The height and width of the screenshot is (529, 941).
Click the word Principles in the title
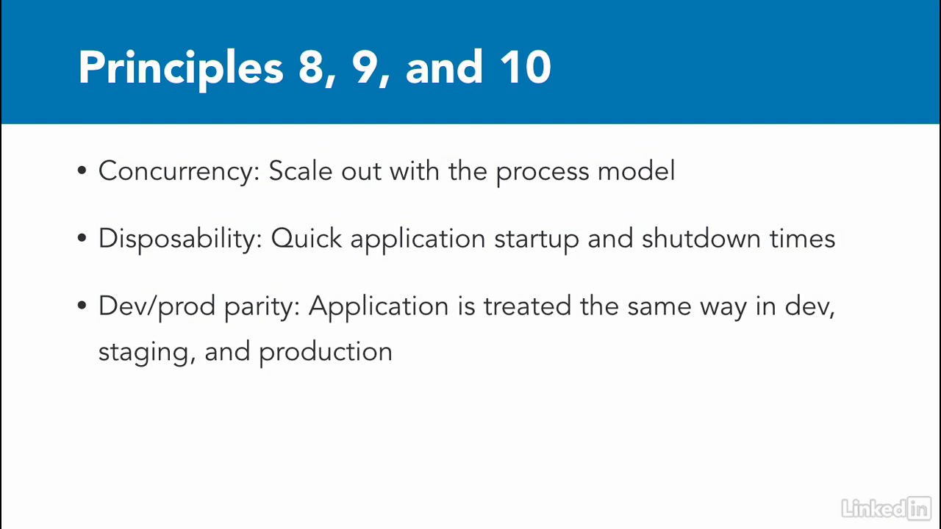tap(181, 69)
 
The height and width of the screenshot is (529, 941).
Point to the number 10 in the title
tap(526, 67)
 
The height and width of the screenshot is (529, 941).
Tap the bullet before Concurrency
tap(82, 170)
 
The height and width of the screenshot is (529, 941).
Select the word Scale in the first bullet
tap(301, 171)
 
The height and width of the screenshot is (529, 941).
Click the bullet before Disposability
tap(82, 238)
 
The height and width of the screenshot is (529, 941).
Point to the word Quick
tap(307, 239)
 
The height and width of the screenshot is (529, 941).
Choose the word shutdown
tap(701, 238)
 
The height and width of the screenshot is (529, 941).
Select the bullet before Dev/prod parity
tap(82, 305)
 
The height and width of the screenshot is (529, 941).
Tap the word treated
tap(527, 306)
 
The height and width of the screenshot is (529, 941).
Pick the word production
tap(326, 353)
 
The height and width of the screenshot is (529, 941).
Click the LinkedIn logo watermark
tap(887, 508)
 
